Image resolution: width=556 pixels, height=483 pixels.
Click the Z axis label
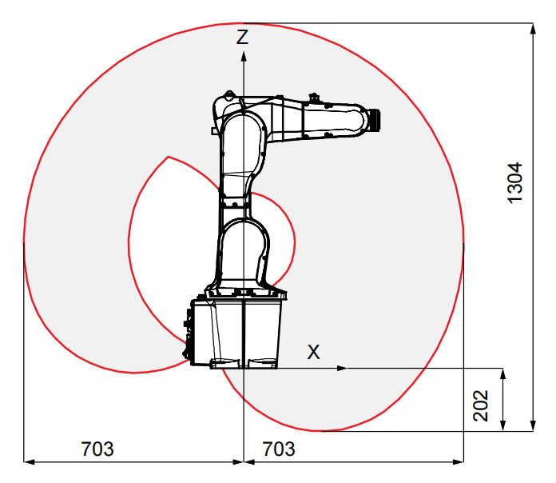pos(242,37)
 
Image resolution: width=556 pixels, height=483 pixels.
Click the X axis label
pos(313,352)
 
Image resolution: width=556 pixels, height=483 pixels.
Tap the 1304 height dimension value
pos(515,183)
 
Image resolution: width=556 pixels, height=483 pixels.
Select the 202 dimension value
pos(481,405)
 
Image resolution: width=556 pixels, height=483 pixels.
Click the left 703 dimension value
pos(97,449)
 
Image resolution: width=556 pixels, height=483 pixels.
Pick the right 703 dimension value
pos(279,449)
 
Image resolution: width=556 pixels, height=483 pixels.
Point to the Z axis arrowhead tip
pos(244,51)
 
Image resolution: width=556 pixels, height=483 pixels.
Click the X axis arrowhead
pos(342,369)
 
